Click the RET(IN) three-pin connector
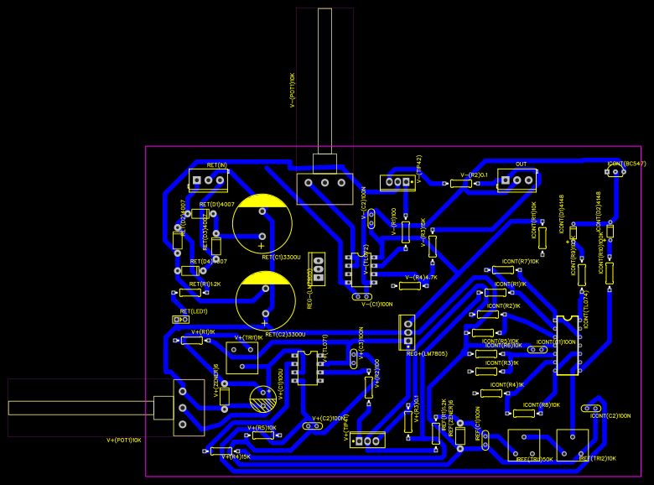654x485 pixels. [x=209, y=180]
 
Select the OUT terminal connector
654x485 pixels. [x=516, y=180]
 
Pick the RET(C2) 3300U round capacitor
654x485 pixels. [x=266, y=300]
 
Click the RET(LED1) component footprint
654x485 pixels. [x=180, y=320]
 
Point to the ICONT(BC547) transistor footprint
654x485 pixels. [x=615, y=172]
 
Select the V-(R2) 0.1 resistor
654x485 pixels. [x=460, y=183]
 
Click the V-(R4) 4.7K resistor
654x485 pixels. [x=409, y=286]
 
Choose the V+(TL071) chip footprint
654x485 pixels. [x=308, y=368]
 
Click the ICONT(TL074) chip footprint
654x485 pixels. [x=567, y=345]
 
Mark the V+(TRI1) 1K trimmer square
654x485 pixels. [x=242, y=357]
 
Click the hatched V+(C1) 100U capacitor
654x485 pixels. [x=263, y=399]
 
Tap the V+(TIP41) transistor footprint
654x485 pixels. [x=367, y=440]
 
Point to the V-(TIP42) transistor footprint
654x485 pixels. [x=397, y=182]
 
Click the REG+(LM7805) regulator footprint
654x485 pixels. [x=407, y=331]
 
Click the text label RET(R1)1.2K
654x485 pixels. [x=205, y=284]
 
